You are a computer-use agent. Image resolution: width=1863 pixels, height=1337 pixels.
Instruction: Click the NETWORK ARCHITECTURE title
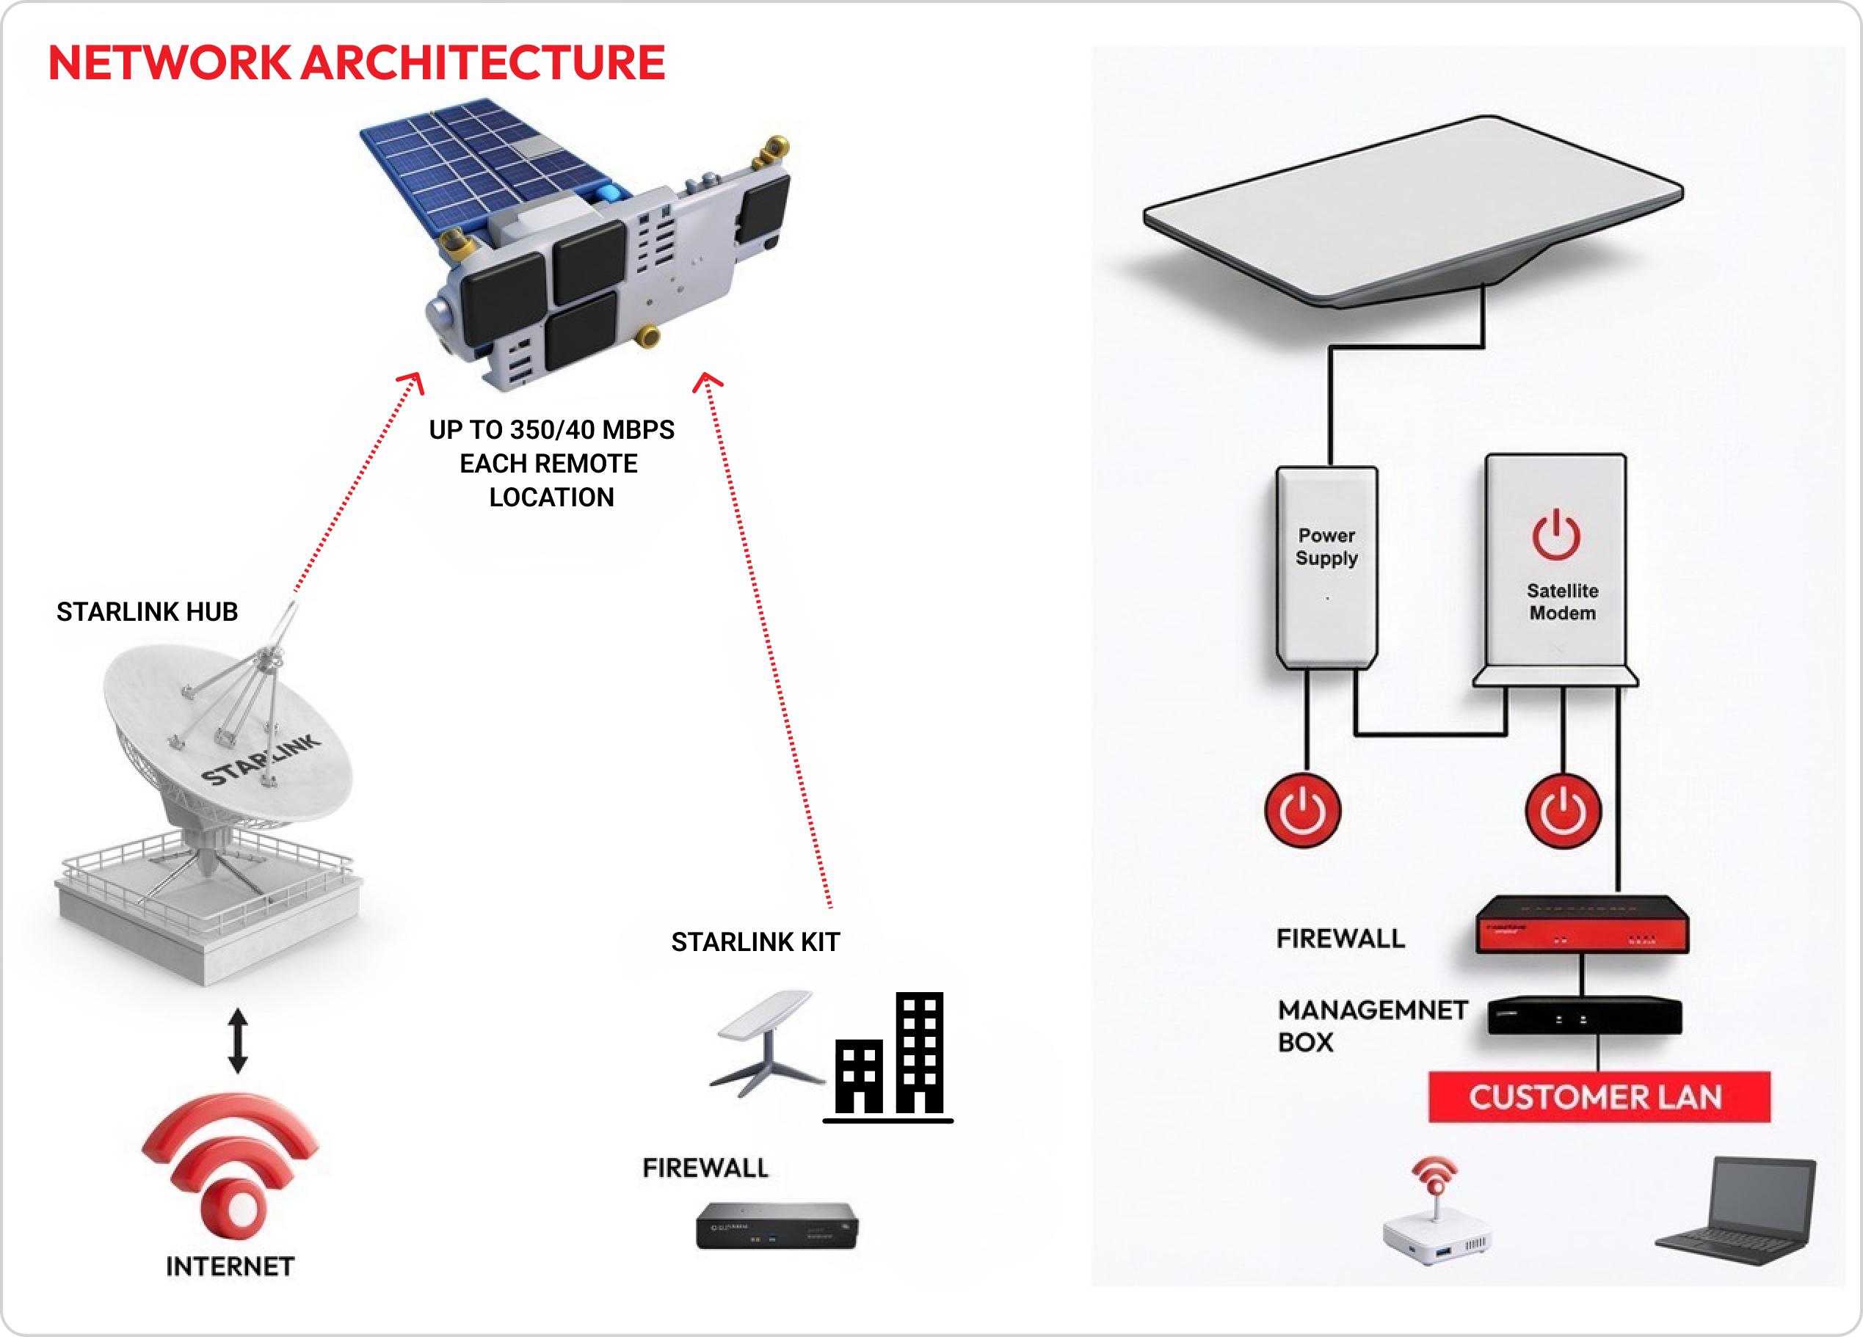357,62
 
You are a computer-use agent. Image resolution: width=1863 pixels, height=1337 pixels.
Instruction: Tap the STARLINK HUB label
147,612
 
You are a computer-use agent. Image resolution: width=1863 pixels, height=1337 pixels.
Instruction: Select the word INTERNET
230,1267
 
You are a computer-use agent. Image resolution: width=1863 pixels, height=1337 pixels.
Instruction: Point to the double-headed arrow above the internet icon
239,1041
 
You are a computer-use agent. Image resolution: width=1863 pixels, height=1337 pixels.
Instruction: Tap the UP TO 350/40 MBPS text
551,429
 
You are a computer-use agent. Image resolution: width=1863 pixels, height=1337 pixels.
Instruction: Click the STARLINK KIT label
755,942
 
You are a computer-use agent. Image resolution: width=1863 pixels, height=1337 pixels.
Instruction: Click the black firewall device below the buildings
777,1225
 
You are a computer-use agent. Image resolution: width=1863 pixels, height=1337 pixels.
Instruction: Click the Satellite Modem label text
1562,602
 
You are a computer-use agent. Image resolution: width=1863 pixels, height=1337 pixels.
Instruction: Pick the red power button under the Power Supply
1303,811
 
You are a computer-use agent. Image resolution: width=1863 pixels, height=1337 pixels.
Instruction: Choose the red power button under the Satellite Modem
1564,811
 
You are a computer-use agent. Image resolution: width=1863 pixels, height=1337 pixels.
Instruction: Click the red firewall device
1581,926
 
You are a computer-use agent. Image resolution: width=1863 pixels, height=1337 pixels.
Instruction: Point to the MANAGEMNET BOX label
1371,1025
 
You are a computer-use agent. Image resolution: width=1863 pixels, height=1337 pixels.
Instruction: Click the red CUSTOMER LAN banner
1599,1097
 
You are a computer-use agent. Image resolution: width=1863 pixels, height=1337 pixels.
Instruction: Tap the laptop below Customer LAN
1740,1212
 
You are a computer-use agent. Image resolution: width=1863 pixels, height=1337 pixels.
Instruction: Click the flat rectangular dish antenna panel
1413,205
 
